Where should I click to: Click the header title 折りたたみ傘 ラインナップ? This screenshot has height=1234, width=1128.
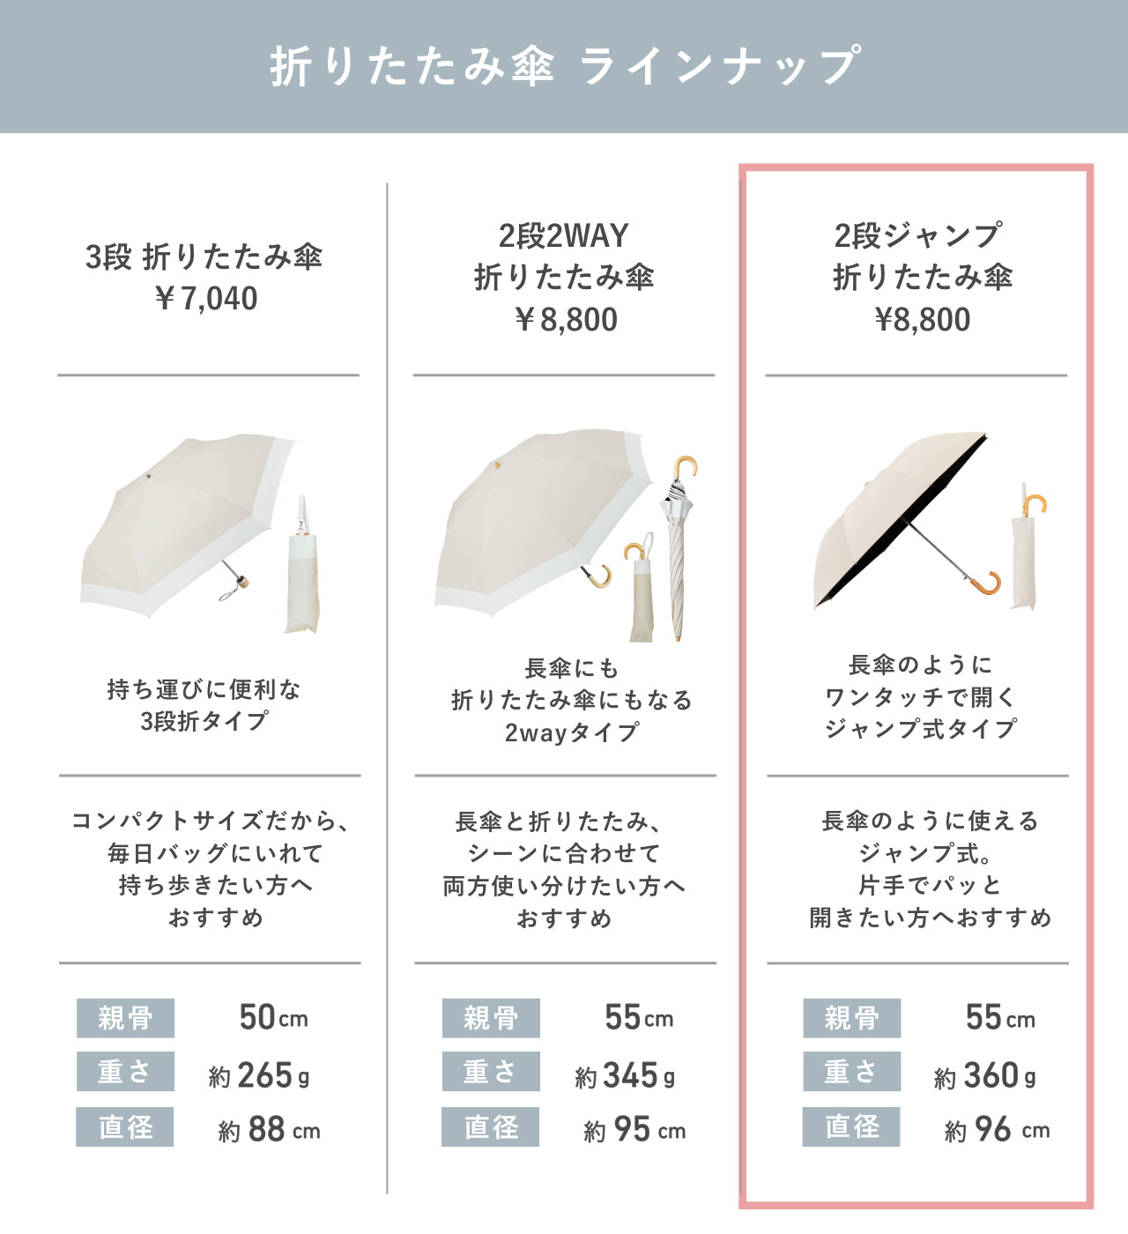pos(565,65)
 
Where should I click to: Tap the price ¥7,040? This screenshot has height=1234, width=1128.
pos(206,299)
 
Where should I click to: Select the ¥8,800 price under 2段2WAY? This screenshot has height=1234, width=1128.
pos(566,320)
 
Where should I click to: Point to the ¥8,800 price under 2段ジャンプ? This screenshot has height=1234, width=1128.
pos(923,320)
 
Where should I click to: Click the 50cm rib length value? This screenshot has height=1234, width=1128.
pos(273,1017)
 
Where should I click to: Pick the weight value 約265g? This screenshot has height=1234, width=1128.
pos(258,1075)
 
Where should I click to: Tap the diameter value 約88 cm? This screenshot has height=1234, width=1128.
pos(269,1129)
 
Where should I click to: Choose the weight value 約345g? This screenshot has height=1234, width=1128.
pos(625,1075)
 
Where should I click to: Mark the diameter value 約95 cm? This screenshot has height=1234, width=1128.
pos(634,1129)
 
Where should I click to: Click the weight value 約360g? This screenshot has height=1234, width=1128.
pos(984,1075)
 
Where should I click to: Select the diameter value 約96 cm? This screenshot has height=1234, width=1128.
pos(997,1129)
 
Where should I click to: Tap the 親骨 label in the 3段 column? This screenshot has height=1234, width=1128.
pos(125,1018)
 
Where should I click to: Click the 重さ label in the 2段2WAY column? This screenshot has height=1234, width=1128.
pos(491,1072)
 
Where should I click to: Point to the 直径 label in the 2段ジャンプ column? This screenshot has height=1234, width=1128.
pos(851,1126)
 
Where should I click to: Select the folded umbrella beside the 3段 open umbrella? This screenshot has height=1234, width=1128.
pos(302,565)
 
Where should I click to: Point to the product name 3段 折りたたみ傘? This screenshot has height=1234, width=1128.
pos(204,256)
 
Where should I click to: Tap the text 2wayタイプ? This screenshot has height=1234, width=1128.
pos(571,732)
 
